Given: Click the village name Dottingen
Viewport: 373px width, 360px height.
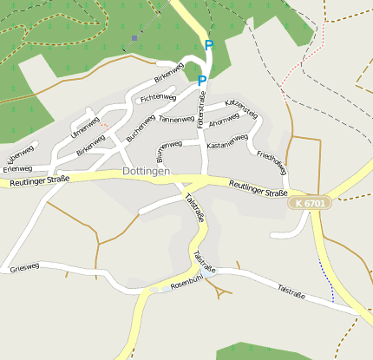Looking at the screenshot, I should click(146, 172).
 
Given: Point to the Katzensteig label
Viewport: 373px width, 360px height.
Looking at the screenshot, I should click(241, 108).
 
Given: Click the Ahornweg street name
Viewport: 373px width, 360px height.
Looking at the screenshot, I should click(225, 124).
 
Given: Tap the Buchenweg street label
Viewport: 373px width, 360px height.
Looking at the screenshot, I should click(141, 129).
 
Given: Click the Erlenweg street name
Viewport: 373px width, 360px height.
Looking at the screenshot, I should click(20, 154).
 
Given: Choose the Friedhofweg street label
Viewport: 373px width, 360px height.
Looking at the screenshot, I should click(272, 161).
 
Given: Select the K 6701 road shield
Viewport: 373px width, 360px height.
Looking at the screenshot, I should click(310, 203).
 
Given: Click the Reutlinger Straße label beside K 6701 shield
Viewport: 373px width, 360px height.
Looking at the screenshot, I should click(258, 187).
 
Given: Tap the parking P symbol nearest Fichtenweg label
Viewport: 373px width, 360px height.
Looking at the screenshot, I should click(202, 81).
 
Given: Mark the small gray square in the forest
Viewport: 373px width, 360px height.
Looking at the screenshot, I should click(134, 38).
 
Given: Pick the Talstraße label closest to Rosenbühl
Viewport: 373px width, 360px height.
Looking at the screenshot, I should click(205, 259).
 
